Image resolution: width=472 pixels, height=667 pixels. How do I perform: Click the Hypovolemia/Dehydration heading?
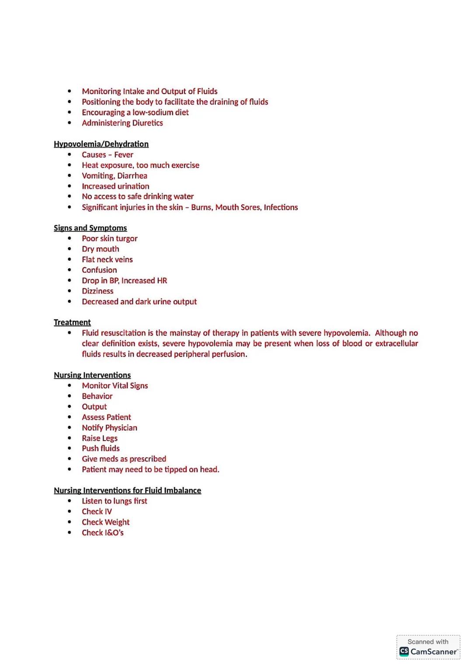click(x=101, y=144)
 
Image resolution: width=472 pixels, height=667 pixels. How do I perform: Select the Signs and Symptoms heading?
click(x=90, y=228)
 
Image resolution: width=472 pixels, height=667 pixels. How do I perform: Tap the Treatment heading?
click(x=72, y=322)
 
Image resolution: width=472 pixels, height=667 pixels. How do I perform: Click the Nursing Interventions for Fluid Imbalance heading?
click(x=127, y=490)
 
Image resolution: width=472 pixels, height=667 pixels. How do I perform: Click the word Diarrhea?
click(x=132, y=176)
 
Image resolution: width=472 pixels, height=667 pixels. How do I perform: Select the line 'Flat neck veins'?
click(x=107, y=260)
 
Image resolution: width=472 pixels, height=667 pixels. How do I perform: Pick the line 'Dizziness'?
click(x=97, y=291)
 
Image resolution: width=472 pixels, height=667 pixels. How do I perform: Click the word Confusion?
click(x=99, y=270)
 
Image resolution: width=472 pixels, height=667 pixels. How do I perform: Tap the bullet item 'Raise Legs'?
click(x=100, y=438)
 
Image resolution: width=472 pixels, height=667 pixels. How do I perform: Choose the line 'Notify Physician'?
click(x=109, y=428)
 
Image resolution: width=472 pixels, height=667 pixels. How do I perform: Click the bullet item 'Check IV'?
click(x=97, y=512)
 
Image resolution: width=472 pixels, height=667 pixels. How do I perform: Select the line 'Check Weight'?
click(x=106, y=522)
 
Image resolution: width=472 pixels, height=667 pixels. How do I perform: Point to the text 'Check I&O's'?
click(x=103, y=533)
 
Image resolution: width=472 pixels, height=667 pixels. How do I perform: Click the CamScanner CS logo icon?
click(x=404, y=652)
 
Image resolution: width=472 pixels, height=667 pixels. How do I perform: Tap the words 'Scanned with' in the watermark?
click(x=428, y=642)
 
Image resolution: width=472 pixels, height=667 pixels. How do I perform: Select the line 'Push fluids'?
click(x=101, y=448)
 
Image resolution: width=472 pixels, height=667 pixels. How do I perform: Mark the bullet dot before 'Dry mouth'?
click(x=69, y=249)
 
